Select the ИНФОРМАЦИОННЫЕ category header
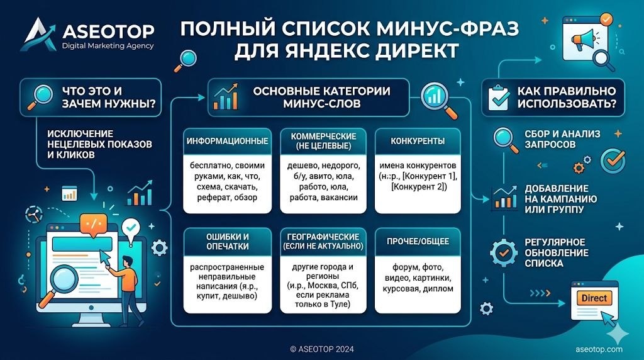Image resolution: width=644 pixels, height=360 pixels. (x=228, y=141)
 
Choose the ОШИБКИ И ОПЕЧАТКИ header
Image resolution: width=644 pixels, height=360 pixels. (x=227, y=240)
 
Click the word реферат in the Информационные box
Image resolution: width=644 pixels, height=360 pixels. (x=207, y=197)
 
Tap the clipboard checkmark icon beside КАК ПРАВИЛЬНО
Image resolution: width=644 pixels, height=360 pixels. (x=499, y=97)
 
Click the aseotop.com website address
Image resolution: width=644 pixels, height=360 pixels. (x=599, y=349)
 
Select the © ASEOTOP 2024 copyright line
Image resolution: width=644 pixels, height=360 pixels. (x=322, y=348)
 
